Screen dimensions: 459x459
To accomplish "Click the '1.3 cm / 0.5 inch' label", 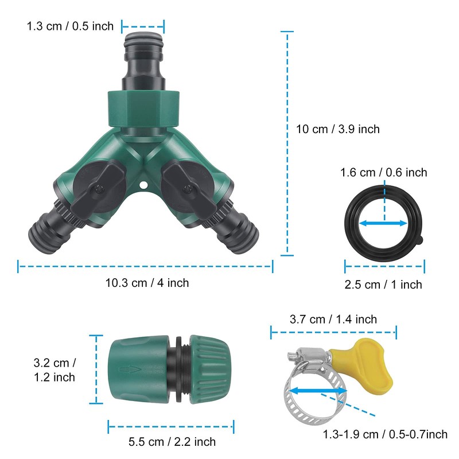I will pos(70,26).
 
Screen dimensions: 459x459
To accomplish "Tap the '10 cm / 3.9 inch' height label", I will pos(337,129).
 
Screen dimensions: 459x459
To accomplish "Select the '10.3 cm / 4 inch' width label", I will pos(147,282).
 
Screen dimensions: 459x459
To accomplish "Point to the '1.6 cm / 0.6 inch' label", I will pos(383,172).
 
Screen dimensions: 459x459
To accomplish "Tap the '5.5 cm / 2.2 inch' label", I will pos(171,441).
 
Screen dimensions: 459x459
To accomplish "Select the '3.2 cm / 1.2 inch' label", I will pos(54,370).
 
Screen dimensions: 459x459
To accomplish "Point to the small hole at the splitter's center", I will pos(142,185).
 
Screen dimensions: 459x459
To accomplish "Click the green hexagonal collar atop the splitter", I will pos(143,107).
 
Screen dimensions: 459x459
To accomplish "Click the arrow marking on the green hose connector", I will pos(126,369).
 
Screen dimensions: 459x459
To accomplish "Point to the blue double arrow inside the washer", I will pos(383,223).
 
